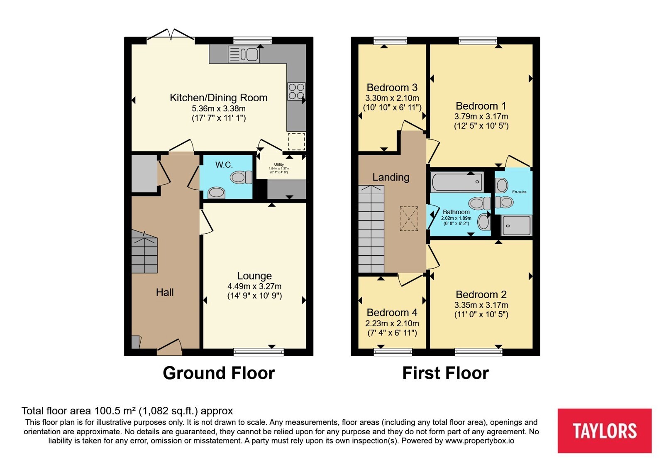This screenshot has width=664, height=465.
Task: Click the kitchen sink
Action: (x=244, y=54)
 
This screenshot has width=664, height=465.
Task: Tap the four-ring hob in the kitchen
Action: (x=296, y=91)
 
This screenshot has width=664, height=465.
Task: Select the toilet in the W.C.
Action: (x=241, y=177)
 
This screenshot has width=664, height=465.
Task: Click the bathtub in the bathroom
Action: (x=457, y=181)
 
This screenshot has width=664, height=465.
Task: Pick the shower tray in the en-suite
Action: (x=516, y=225)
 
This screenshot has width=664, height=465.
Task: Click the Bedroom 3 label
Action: (x=392, y=88)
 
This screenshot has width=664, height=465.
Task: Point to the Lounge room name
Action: (x=254, y=276)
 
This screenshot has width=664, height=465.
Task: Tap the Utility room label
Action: (x=279, y=164)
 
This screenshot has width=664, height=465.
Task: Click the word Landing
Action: (x=391, y=177)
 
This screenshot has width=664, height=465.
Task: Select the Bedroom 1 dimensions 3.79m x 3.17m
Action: (x=481, y=116)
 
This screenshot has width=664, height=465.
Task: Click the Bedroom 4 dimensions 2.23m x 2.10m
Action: (x=392, y=323)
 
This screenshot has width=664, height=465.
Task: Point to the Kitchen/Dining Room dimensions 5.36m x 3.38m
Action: (x=218, y=108)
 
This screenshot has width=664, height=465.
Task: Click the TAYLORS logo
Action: (x=604, y=431)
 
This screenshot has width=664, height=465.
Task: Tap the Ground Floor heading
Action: (x=219, y=373)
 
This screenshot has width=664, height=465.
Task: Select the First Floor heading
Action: (x=445, y=373)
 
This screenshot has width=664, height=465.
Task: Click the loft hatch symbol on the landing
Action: (x=409, y=218)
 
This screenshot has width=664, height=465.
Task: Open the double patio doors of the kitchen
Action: (x=171, y=35)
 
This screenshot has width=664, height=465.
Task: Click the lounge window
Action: (x=259, y=352)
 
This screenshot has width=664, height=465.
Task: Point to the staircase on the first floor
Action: (x=371, y=229)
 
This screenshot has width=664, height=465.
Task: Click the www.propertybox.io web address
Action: (x=480, y=441)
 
